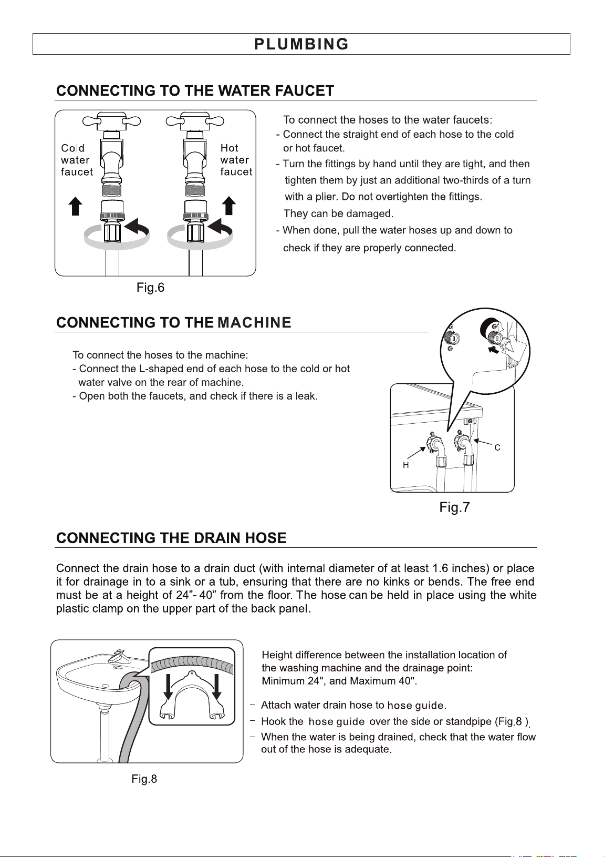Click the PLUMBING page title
[301, 44]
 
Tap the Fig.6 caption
[150, 287]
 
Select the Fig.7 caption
[454, 507]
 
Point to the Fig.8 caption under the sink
[144, 779]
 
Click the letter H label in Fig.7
[406, 465]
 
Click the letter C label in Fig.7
[497, 447]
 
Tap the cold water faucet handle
[112, 121]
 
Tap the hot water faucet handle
[195, 121]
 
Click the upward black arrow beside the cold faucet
[75, 206]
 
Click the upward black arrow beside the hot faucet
[229, 206]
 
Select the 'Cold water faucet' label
[77, 160]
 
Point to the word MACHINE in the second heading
[254, 322]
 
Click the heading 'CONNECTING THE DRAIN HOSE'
[171, 538]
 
